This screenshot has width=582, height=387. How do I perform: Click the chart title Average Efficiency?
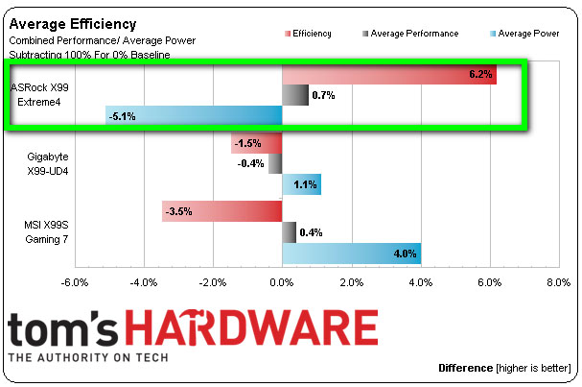point(72,23)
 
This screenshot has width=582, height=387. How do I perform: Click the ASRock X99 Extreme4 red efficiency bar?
point(388,75)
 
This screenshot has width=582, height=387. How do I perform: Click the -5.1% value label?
point(124,116)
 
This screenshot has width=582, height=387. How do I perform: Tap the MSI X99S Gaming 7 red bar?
point(221,210)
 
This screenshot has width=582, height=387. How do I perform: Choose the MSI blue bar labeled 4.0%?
point(351,254)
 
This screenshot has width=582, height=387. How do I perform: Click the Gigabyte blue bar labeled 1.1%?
point(301,184)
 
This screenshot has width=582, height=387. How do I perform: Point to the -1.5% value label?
point(248,143)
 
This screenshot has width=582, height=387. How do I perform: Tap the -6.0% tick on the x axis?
point(75,283)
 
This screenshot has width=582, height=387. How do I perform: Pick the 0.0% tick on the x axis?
point(282,283)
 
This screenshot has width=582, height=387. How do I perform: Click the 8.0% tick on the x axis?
point(558,283)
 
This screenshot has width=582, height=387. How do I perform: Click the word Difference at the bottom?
point(465,368)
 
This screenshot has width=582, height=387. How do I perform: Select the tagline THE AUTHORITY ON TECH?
point(88,357)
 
